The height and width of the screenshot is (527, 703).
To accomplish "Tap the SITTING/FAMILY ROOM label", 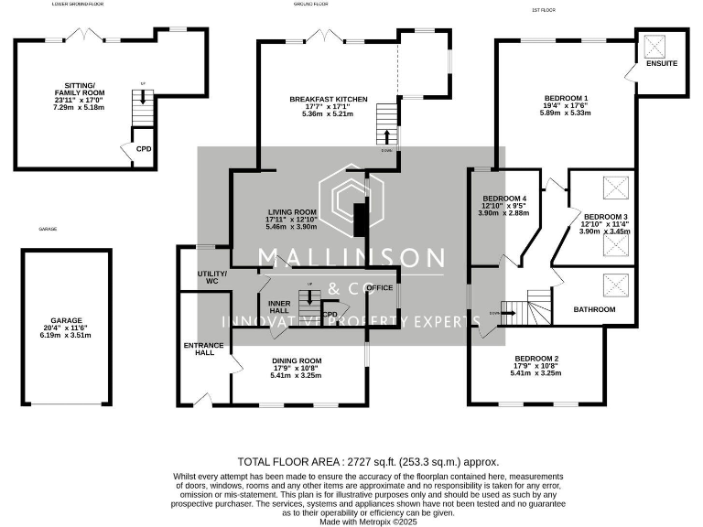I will (x=80, y=92).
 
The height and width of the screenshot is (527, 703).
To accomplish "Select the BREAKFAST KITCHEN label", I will (x=328, y=99).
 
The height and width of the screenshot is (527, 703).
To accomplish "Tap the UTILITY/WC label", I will (x=212, y=278).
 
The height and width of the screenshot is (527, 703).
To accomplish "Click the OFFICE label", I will (x=379, y=287).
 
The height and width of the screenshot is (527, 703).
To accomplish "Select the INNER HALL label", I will (x=279, y=305).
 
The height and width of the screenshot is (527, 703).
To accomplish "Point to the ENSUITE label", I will (x=661, y=64).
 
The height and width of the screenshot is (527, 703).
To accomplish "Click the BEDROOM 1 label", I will (x=566, y=98).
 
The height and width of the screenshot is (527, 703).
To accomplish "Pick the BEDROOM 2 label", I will (x=536, y=358).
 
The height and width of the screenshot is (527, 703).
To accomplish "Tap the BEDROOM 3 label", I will (x=606, y=217).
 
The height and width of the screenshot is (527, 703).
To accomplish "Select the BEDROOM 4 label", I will (x=504, y=199).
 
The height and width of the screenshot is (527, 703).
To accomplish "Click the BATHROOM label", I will (x=594, y=310).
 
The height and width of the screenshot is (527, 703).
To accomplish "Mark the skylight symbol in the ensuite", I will (x=656, y=44).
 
